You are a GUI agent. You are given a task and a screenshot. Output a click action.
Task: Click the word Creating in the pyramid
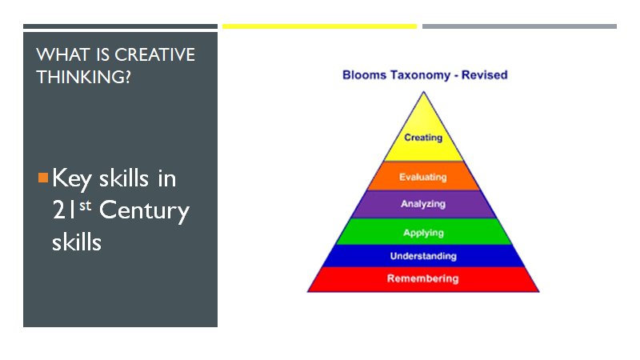click(423, 138)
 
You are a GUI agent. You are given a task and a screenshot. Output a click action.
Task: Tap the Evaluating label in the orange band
click(423, 177)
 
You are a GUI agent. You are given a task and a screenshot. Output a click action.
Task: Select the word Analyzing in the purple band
click(423, 204)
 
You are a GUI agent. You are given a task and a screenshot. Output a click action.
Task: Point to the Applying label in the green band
click(423, 232)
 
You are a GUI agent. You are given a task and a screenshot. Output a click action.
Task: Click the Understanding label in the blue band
click(423, 256)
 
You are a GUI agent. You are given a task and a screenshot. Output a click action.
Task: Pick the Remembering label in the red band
click(423, 278)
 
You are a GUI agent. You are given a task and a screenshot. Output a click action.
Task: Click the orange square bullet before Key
click(43, 176)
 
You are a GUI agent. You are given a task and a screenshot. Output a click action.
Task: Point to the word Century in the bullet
click(145, 211)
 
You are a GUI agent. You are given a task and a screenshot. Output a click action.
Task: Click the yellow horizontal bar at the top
click(319, 26)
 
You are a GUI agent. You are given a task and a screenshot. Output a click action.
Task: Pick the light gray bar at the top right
click(519, 26)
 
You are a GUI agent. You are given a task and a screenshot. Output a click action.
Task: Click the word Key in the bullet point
click(72, 178)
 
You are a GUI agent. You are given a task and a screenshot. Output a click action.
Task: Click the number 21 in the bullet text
click(62, 211)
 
